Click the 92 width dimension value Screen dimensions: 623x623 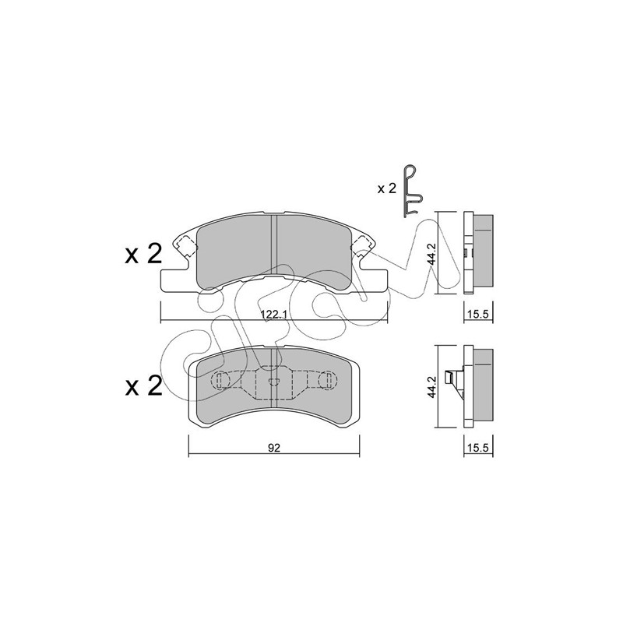tap(274, 448)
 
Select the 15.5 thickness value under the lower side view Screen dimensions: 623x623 tap(478, 449)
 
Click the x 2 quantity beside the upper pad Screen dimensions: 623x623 tap(143, 254)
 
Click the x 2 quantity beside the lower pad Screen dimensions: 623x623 tap(143, 385)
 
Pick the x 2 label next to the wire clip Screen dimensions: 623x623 tap(386, 188)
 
